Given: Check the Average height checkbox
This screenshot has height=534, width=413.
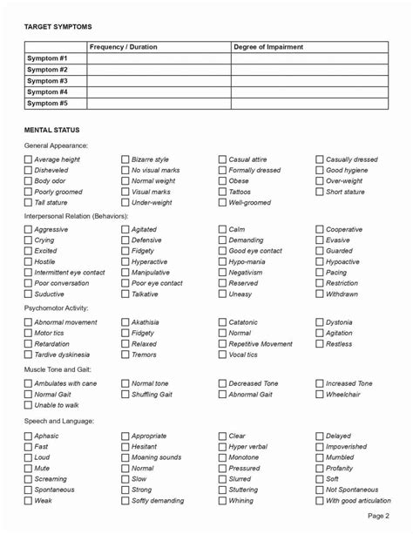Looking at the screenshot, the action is click(x=29, y=160).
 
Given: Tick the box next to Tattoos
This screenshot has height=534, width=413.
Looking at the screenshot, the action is click(x=223, y=192).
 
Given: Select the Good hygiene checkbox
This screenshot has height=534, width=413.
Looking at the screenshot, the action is click(x=320, y=171).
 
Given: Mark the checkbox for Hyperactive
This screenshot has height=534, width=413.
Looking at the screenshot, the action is click(x=125, y=262).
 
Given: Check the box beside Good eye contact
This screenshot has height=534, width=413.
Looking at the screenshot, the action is click(x=223, y=251).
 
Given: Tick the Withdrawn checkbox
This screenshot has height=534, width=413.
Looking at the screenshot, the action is click(x=320, y=294).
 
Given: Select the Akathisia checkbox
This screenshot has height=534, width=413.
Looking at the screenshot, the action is click(x=125, y=322).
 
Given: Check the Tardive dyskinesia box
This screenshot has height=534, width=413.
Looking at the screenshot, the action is click(x=29, y=355).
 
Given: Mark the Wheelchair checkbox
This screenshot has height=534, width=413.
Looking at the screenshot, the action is click(x=320, y=395).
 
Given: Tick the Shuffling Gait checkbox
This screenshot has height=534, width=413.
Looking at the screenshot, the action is click(x=125, y=395).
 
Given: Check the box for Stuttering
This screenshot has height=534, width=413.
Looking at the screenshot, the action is click(x=223, y=490).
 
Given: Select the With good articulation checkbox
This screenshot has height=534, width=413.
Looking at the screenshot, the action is click(x=320, y=501).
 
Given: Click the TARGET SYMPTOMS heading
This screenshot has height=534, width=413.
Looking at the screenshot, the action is click(x=58, y=27).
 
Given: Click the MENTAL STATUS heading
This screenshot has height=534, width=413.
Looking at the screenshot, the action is click(x=52, y=130).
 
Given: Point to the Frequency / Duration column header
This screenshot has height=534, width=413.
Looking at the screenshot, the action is click(x=124, y=47).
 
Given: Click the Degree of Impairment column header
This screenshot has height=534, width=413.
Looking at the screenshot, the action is click(x=268, y=47).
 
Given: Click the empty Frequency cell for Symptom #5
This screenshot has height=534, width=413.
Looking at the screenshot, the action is click(x=159, y=104).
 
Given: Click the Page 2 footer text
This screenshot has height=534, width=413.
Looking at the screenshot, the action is click(x=378, y=517).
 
